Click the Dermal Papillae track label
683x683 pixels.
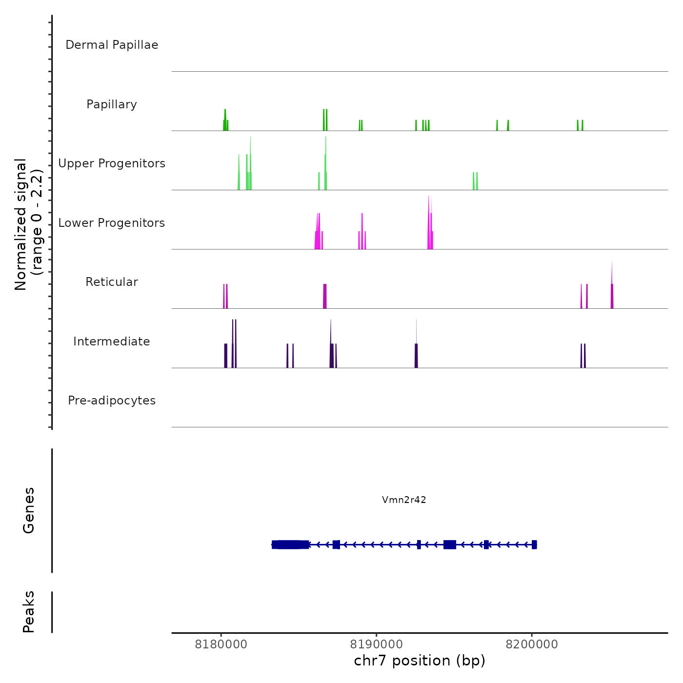pyautogui.click(x=112, y=45)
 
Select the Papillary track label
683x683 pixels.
pyautogui.click(x=112, y=104)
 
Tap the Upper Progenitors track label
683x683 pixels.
pyautogui.click(x=112, y=163)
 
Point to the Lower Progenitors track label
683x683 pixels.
pyautogui.click(x=112, y=223)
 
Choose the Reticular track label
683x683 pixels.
pyautogui.click(x=112, y=282)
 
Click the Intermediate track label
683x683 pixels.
pyautogui.click(x=112, y=341)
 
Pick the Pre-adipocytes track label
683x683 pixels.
pyautogui.click(x=112, y=401)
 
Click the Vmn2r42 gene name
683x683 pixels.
pyautogui.click(x=404, y=500)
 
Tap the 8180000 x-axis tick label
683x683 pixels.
pyautogui.click(x=221, y=644)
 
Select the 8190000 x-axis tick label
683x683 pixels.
pyautogui.click(x=377, y=644)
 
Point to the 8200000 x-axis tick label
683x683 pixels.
pyautogui.click(x=532, y=644)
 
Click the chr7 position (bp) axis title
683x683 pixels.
pyautogui.click(x=420, y=661)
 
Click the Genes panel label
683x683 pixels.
pyautogui.click(x=29, y=510)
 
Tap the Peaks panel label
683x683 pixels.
pyautogui.click(x=29, y=612)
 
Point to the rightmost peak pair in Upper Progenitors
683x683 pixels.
pyautogui.click(x=475, y=181)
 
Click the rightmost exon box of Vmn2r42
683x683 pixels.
pyautogui.click(x=534, y=544)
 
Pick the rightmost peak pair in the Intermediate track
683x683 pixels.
pyautogui.click(x=583, y=356)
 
